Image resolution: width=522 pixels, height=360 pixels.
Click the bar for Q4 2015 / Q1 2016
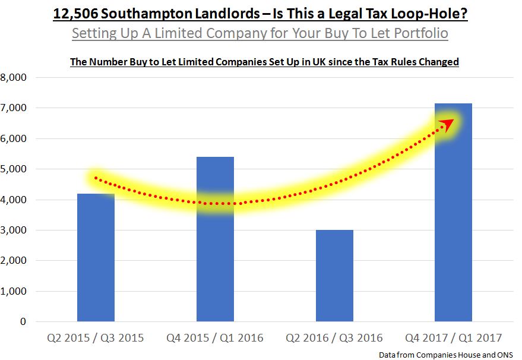[215, 250]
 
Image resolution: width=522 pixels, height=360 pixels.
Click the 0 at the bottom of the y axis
[23, 322]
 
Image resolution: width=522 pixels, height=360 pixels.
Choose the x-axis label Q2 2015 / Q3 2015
[96, 338]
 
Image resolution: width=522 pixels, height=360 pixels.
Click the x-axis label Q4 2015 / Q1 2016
[215, 338]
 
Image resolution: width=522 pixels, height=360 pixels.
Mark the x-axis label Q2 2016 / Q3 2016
[334, 338]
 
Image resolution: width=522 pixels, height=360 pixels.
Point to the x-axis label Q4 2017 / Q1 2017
[453, 338]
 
